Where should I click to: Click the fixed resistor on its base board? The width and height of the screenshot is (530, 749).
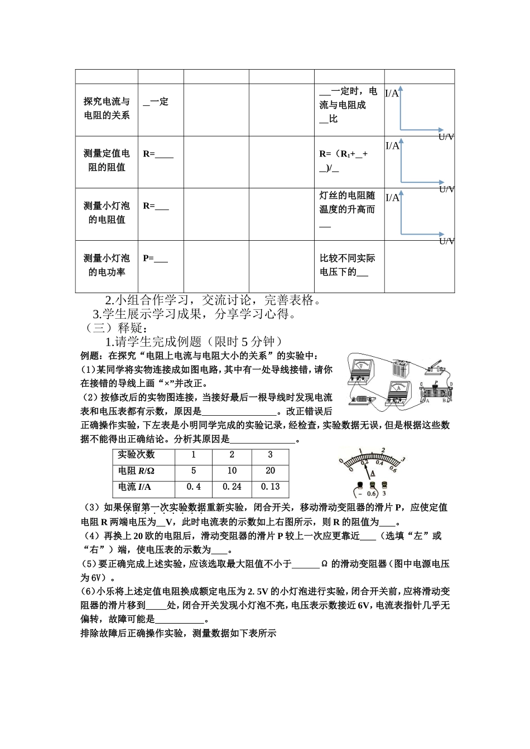(361, 399)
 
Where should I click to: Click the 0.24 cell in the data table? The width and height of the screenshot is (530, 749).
(232, 487)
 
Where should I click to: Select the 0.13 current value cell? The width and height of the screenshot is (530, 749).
(270, 487)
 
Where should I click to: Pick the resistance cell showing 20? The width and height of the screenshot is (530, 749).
(270, 470)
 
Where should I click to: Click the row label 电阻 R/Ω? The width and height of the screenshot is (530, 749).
(136, 471)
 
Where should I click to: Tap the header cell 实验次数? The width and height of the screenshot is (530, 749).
(136, 455)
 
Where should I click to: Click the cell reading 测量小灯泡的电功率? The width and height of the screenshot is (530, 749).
(107, 265)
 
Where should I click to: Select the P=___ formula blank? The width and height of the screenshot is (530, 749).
(155, 258)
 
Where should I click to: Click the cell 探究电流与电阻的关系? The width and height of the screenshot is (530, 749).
(107, 108)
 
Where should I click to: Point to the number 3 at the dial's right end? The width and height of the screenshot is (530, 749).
(403, 460)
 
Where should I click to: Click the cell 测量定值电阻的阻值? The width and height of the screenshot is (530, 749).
(107, 160)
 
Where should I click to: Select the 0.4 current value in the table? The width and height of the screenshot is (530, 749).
(194, 487)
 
